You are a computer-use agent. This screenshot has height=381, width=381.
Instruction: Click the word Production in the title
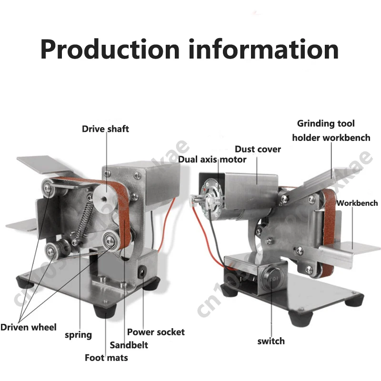[110, 50]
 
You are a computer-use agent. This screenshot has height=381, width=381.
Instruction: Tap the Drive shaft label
[105, 129]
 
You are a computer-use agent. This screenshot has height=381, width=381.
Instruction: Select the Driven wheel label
[28, 327]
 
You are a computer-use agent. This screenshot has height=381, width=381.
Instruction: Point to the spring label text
[78, 335]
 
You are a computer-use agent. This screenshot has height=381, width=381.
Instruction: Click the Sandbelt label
[129, 345]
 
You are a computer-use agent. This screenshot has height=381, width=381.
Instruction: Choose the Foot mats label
[106, 358]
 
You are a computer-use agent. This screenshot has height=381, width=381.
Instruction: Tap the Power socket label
[156, 332]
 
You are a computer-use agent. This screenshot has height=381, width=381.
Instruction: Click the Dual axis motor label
[212, 160]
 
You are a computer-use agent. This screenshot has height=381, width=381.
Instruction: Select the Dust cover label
[258, 150]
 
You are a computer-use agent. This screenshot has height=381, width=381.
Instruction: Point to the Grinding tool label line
[326, 124]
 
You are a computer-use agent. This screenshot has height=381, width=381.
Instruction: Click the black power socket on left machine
[141, 274]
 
